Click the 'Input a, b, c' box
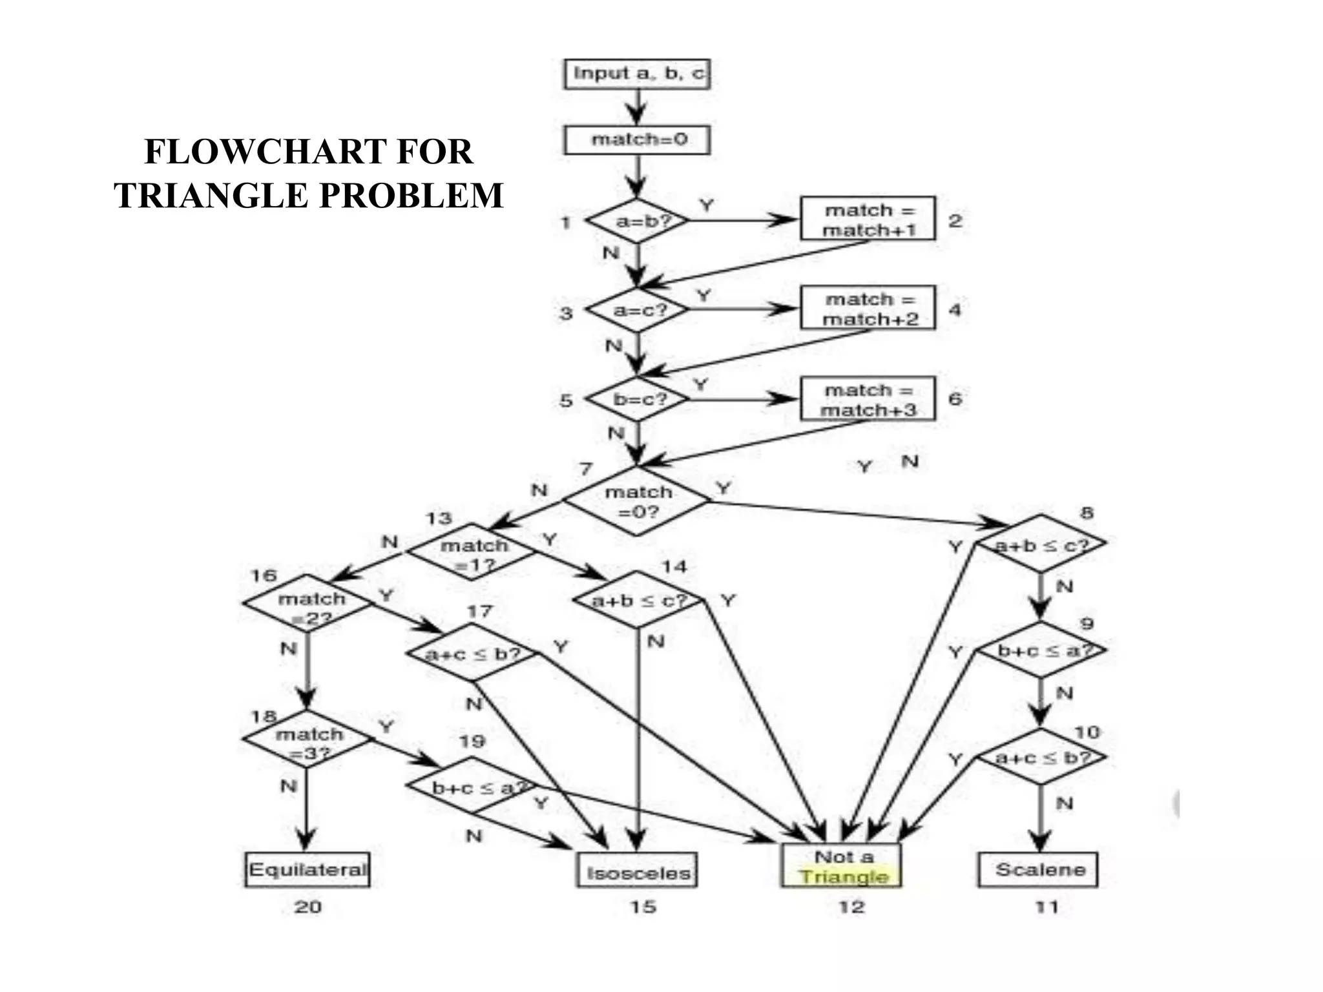click(x=637, y=74)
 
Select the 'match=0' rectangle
click(x=637, y=139)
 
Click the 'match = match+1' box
click(x=868, y=219)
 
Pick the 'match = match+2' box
click(x=868, y=308)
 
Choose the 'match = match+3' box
click(x=868, y=399)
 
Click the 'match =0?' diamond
click(x=637, y=501)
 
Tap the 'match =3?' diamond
click(x=308, y=740)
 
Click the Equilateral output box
click(x=307, y=869)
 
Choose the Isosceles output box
click(x=637, y=872)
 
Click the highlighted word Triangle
click(x=843, y=877)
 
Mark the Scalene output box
click(x=1038, y=869)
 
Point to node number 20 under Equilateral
click(x=307, y=907)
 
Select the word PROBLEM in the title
click(x=411, y=196)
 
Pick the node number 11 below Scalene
click(x=1046, y=907)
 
